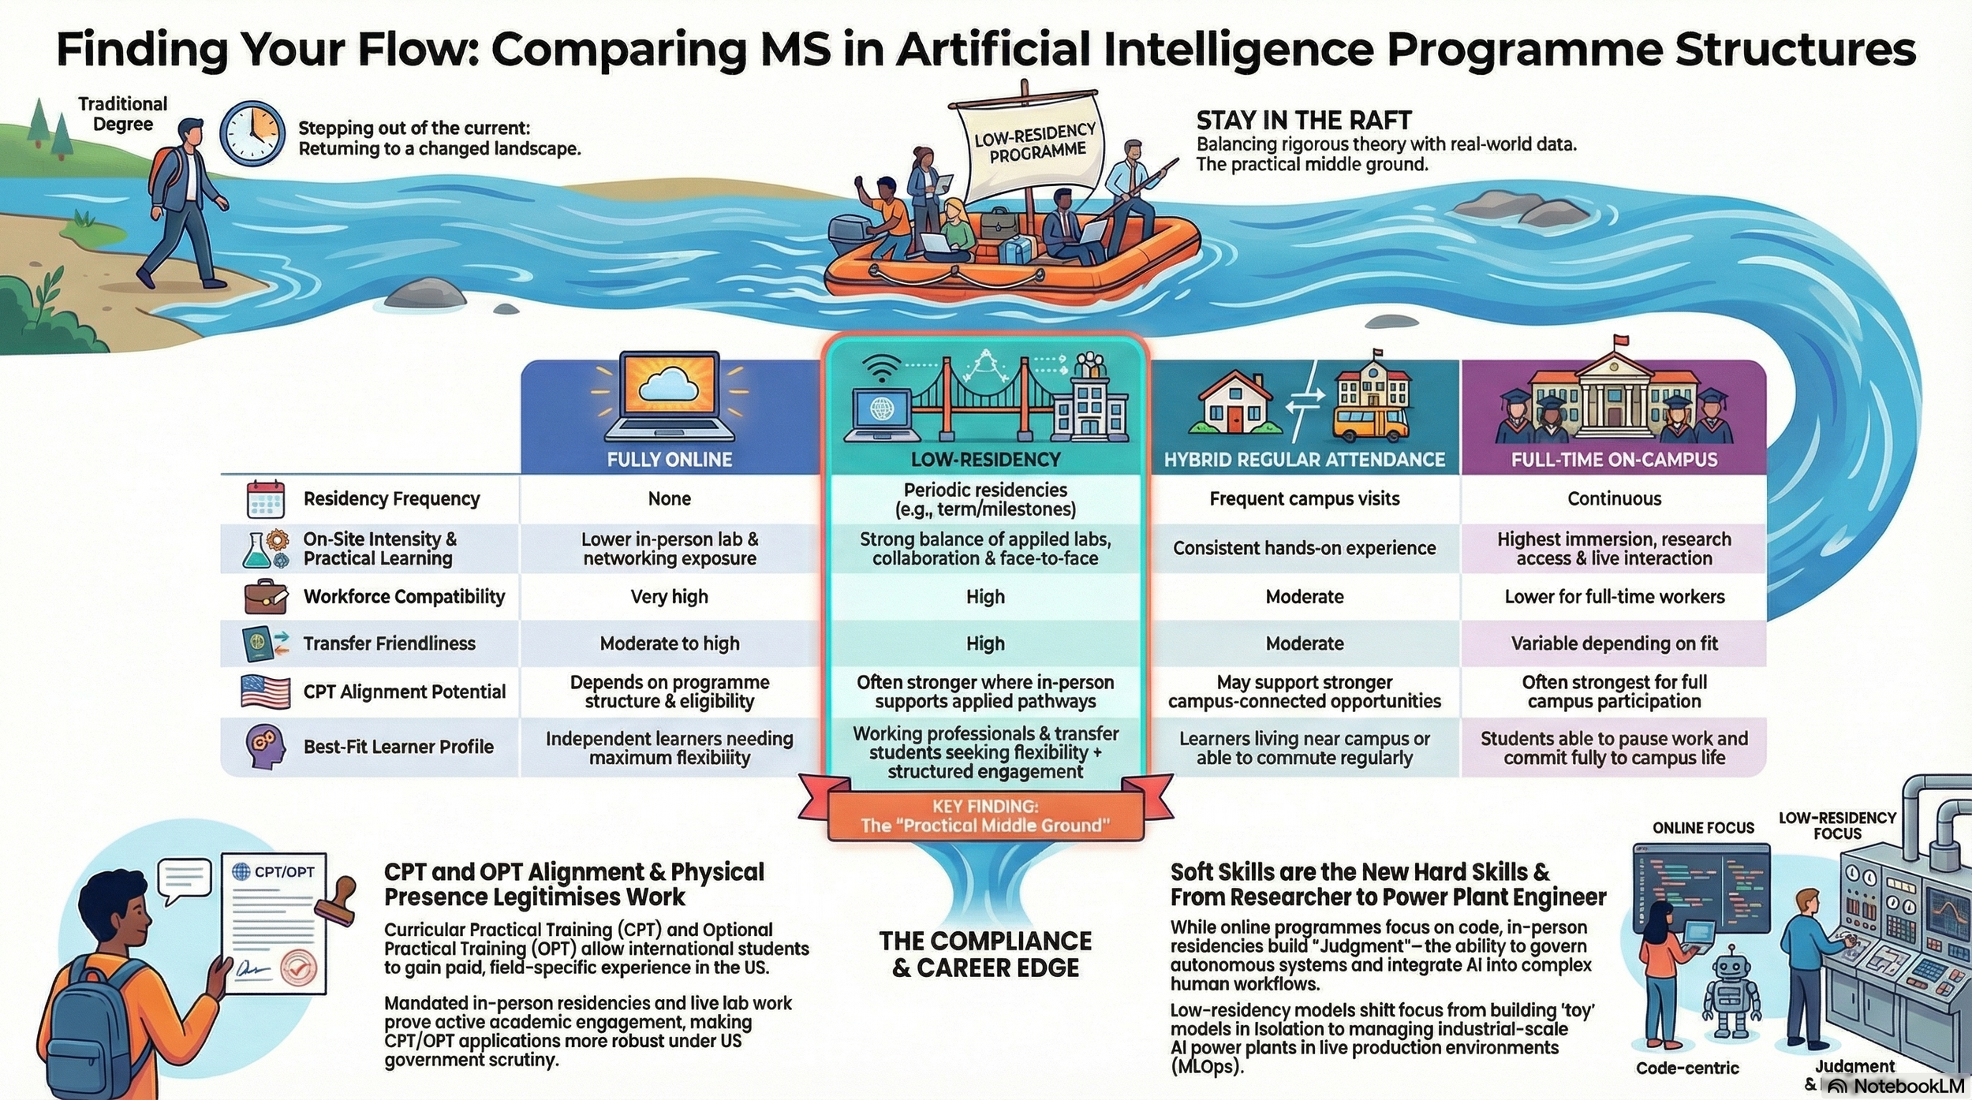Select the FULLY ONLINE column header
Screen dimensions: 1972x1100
(x=669, y=459)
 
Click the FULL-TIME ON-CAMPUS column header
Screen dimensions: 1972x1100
(x=1614, y=459)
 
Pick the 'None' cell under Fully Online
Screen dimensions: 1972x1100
(x=669, y=498)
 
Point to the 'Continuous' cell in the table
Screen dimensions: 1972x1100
(x=1614, y=498)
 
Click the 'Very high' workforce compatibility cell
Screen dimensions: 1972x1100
(x=669, y=597)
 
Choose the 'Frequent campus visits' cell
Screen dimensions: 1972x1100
(x=1304, y=498)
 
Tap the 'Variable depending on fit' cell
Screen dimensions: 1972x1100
(x=1614, y=643)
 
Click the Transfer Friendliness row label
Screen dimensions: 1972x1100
(x=389, y=643)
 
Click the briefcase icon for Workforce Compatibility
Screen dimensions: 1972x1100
(x=265, y=597)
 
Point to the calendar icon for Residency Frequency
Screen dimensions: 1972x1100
(x=265, y=498)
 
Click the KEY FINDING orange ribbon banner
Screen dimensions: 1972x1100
(x=984, y=816)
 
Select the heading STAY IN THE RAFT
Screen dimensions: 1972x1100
(x=1303, y=121)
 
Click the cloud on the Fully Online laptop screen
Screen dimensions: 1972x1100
(x=669, y=384)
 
